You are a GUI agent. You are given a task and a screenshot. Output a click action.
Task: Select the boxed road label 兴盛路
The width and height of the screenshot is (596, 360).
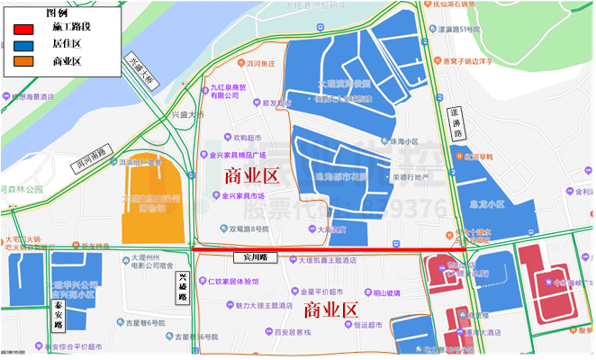183,287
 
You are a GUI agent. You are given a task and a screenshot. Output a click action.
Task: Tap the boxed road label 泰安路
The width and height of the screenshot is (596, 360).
58,314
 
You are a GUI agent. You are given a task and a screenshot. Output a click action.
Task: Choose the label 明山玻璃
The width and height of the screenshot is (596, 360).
387,292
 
